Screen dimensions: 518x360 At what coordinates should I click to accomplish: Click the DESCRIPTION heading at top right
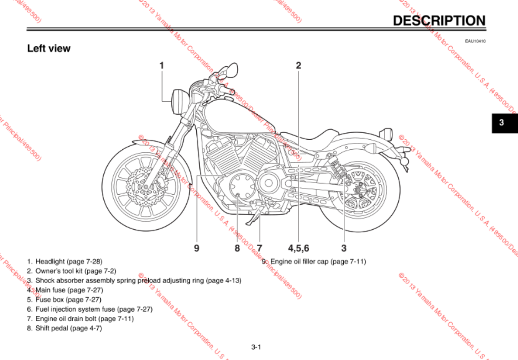click(x=439, y=20)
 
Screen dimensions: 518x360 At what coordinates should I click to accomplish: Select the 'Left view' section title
click(x=49, y=48)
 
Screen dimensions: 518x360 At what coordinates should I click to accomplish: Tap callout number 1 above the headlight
click(x=162, y=65)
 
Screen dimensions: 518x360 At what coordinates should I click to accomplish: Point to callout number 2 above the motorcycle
click(x=298, y=65)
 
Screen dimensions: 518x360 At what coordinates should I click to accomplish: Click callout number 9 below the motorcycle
click(x=196, y=248)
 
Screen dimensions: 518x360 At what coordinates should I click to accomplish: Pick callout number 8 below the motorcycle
click(x=237, y=248)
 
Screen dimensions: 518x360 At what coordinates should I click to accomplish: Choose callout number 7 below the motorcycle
click(x=259, y=248)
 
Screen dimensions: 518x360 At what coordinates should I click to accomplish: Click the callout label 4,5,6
click(x=299, y=248)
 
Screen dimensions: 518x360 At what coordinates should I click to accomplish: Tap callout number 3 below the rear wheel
click(x=344, y=248)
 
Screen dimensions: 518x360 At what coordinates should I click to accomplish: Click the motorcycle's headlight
click(x=177, y=101)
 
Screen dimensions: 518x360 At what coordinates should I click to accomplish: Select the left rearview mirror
click(x=231, y=68)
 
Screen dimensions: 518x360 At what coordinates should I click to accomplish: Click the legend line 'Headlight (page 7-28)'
click(x=68, y=261)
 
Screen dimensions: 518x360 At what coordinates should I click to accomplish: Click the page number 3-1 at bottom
click(x=256, y=347)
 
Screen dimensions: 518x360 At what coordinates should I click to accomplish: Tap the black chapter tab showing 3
click(x=502, y=122)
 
